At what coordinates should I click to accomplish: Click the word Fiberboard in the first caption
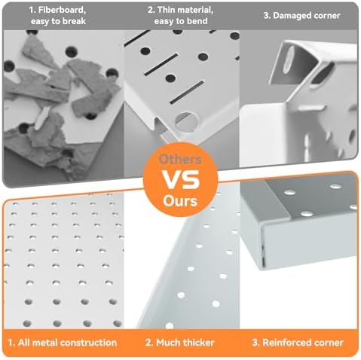[x=63, y=11]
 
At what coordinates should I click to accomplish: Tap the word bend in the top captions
[x=198, y=21]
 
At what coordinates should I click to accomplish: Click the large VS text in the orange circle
[x=180, y=180]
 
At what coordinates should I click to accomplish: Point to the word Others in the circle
[x=180, y=160]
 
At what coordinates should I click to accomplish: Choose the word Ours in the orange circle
[x=180, y=201]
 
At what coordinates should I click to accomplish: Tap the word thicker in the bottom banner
[x=198, y=343]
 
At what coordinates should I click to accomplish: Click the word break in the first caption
[x=74, y=21]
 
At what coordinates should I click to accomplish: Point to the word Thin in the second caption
[x=166, y=11]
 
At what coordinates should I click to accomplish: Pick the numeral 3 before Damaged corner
[x=267, y=16]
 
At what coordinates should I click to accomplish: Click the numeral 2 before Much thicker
[x=148, y=343]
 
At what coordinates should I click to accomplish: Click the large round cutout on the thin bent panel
[x=187, y=122]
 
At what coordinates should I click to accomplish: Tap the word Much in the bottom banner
[x=168, y=343]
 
